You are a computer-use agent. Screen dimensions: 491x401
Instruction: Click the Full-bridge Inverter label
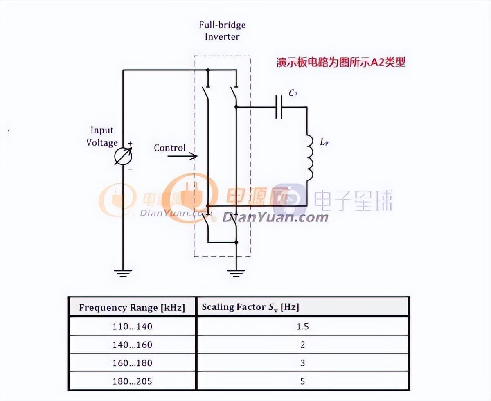pyautogui.click(x=222, y=30)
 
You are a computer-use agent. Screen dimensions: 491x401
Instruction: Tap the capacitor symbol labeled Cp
pyautogui.click(x=279, y=107)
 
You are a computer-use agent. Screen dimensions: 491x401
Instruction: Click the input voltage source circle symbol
pyautogui.click(x=124, y=156)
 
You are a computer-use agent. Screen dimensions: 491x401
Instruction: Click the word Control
pyautogui.click(x=169, y=148)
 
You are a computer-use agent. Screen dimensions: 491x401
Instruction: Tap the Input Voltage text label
pyautogui.click(x=102, y=136)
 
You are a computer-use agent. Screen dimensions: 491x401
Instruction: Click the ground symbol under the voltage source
pyautogui.click(x=123, y=272)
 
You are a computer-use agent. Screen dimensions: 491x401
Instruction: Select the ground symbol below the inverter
pyautogui.click(x=236, y=272)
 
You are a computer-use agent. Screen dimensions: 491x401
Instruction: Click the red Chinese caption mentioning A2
pyautogui.click(x=340, y=63)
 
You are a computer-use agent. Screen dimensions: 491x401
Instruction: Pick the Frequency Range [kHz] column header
pyautogui.click(x=132, y=307)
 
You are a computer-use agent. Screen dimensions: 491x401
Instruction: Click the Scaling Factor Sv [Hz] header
pyautogui.click(x=250, y=307)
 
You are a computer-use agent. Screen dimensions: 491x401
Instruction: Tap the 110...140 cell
pyautogui.click(x=132, y=327)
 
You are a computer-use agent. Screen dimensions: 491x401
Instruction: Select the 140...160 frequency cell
pyautogui.click(x=132, y=345)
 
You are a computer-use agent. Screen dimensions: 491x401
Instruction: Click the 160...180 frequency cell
pyautogui.click(x=132, y=363)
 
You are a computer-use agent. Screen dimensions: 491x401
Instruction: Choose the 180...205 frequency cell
pyautogui.click(x=132, y=381)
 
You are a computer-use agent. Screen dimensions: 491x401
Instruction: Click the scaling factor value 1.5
pyautogui.click(x=302, y=327)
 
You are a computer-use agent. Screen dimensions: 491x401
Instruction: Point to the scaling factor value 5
pyautogui.click(x=302, y=381)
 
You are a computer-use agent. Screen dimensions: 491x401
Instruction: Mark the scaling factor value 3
pyautogui.click(x=302, y=363)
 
